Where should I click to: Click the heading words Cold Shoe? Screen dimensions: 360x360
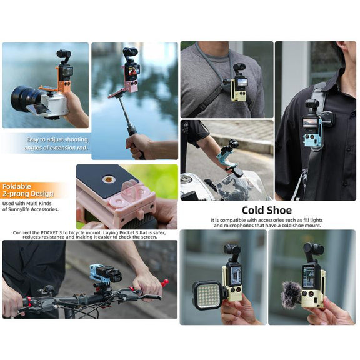(x=267, y=210)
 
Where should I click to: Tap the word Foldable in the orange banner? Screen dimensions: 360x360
(x=16, y=186)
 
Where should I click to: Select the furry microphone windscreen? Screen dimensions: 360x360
(x=291, y=294)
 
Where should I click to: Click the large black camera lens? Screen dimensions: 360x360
(x=25, y=99)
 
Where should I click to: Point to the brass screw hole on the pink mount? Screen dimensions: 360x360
(x=107, y=179)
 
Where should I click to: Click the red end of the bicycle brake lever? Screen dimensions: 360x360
(x=165, y=283)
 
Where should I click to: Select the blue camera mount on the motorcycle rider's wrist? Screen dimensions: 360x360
(x=226, y=156)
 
